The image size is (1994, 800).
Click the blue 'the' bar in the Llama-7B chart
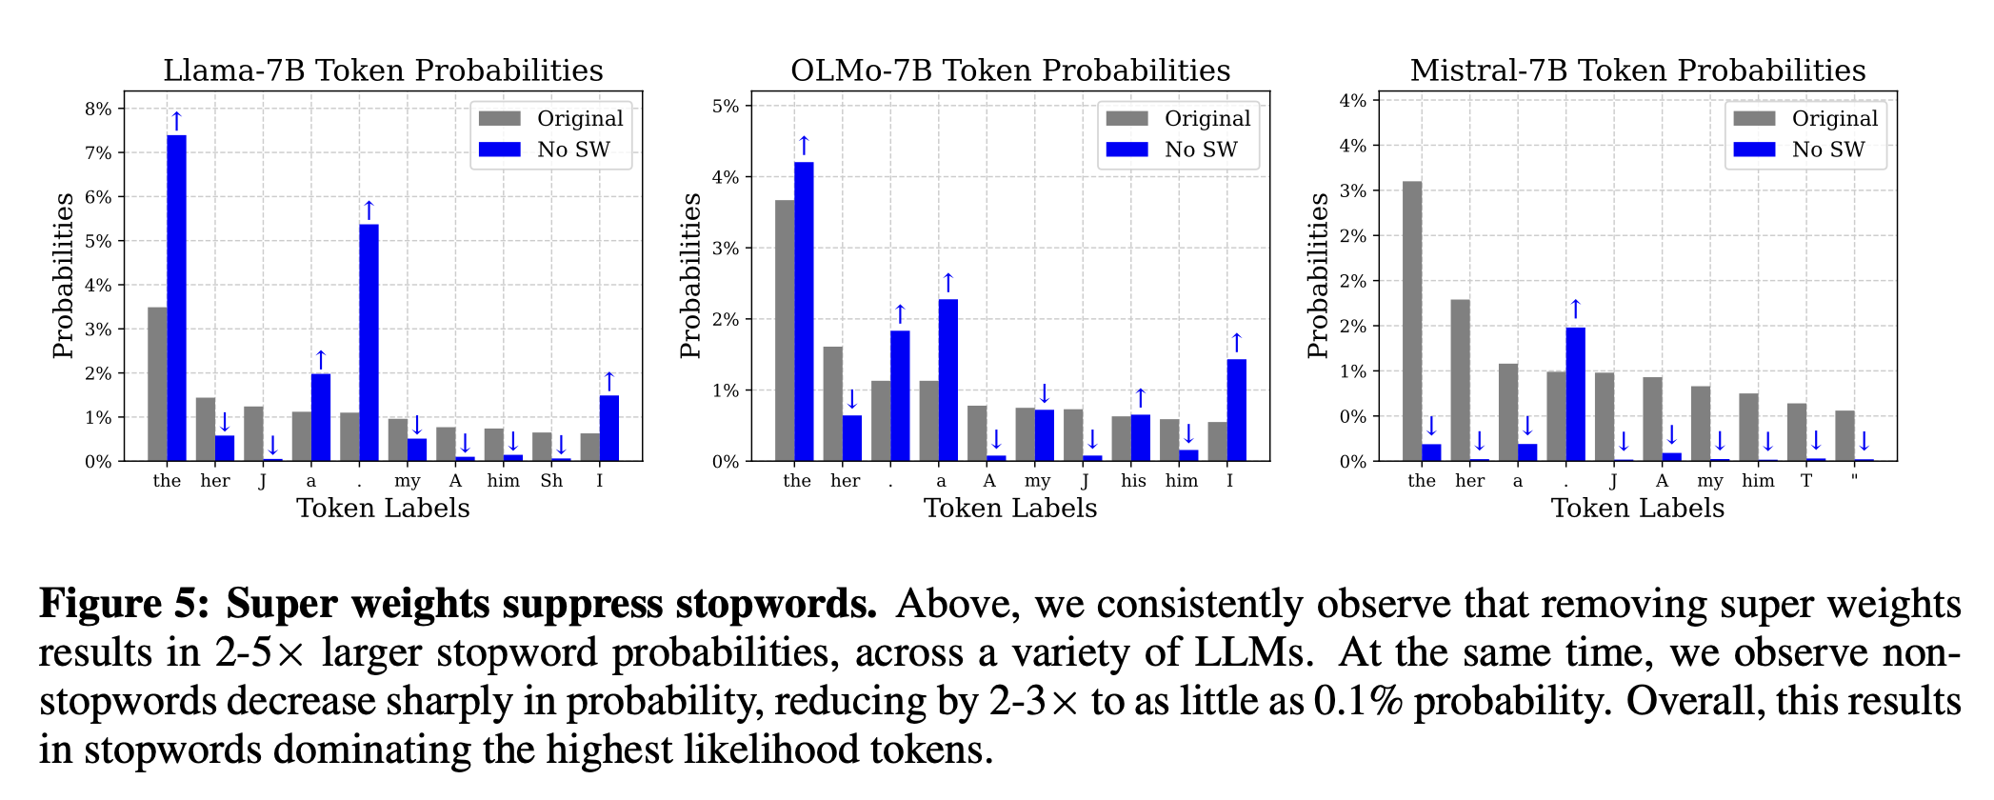tap(177, 298)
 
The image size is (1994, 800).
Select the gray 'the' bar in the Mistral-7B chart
tap(1412, 321)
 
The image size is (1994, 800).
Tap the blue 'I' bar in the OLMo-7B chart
tap(1237, 410)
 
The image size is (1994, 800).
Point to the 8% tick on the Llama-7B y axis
tap(98, 109)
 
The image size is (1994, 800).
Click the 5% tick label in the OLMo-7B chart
tap(726, 106)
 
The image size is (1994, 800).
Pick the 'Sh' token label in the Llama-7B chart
tap(551, 481)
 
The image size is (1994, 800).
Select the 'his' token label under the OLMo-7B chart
tap(1133, 481)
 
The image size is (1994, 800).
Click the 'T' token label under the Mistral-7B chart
tap(1806, 481)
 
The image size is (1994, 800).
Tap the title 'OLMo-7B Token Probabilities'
tap(1010, 70)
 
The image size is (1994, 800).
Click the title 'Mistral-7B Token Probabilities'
tap(1637, 70)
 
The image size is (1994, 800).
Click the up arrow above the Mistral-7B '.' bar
tap(1575, 309)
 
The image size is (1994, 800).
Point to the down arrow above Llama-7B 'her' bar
tap(225, 421)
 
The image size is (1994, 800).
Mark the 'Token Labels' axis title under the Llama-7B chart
tap(383, 509)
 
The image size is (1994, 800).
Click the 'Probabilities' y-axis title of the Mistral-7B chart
tap(1318, 275)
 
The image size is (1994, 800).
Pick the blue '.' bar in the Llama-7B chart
tap(369, 343)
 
